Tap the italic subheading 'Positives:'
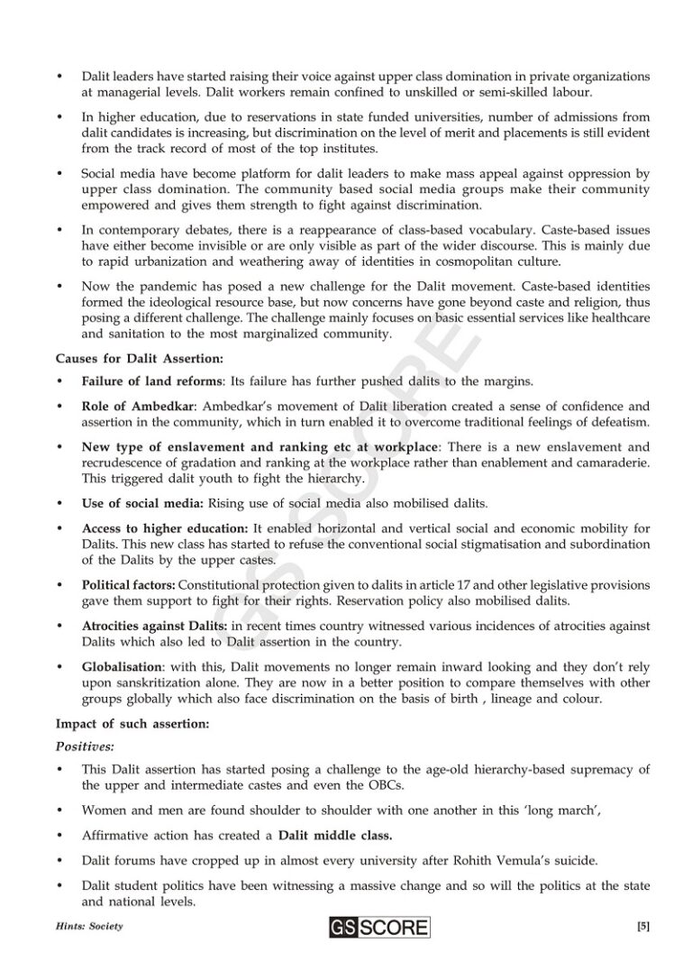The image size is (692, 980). [x=85, y=746]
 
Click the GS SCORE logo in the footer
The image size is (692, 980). [x=378, y=927]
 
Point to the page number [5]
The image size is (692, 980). [x=642, y=926]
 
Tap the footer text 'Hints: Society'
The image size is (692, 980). [x=88, y=927]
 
